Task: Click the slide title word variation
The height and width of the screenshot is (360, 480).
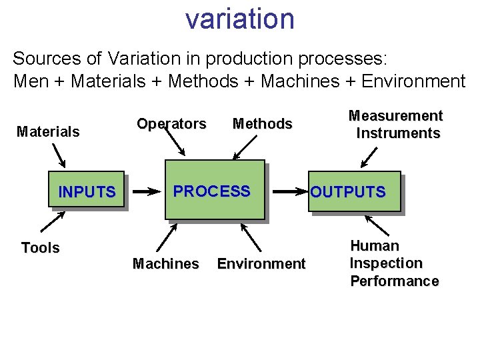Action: click(x=240, y=19)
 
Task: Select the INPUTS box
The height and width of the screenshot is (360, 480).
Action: click(x=87, y=192)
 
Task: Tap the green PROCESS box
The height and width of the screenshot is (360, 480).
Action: click(x=215, y=191)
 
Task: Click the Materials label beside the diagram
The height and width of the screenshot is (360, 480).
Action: click(x=48, y=131)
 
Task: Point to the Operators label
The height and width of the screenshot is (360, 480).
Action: click(x=171, y=123)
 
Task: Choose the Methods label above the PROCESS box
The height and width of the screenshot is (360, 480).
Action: click(x=262, y=123)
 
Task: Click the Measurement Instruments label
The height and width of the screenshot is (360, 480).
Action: click(x=397, y=124)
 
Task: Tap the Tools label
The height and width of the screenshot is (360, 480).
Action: click(x=40, y=248)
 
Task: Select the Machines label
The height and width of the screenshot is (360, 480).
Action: click(x=165, y=264)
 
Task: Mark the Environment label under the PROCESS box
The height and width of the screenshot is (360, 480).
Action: click(x=261, y=264)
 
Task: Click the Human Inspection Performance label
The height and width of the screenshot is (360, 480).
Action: click(x=394, y=263)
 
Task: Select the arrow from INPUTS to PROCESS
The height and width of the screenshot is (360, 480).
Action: click(x=147, y=192)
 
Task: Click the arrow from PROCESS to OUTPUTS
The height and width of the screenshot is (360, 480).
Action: click(x=291, y=192)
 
